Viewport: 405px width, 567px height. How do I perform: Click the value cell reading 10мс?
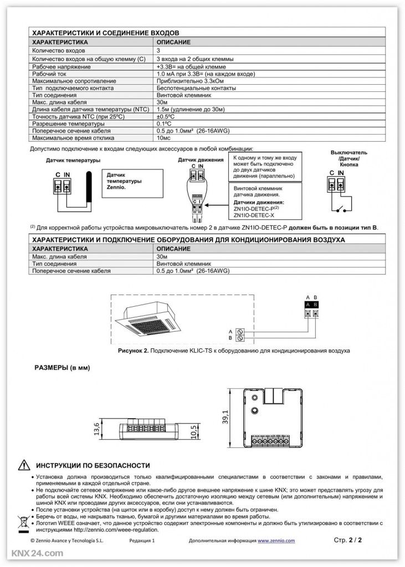click(165, 138)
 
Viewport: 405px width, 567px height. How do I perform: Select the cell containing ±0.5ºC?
click(169, 117)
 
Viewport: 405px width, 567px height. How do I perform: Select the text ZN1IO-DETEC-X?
click(255, 214)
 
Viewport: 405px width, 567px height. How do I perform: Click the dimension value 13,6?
click(96, 429)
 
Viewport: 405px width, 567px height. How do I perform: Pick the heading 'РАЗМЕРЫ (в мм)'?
click(62, 368)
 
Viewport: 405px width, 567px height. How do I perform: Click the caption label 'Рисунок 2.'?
click(134, 351)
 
